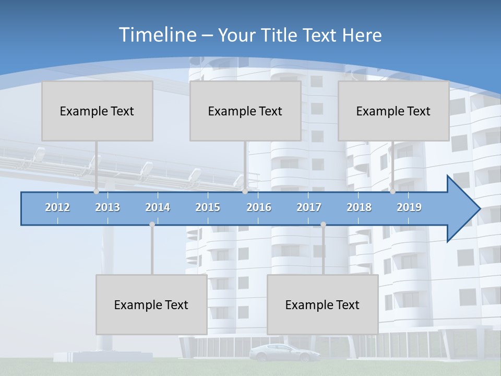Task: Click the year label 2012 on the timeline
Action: [x=57, y=207]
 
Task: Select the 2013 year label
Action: [x=108, y=207]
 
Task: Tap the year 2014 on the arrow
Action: [x=158, y=207]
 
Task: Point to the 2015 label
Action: [x=208, y=207]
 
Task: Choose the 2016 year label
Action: [x=259, y=207]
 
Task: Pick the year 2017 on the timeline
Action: [x=309, y=207]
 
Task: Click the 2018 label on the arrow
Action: [x=359, y=207]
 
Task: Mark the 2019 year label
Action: [x=409, y=207]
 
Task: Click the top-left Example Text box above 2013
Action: [x=97, y=111]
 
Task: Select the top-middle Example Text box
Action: [x=245, y=111]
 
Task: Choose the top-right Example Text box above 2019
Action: [x=393, y=111]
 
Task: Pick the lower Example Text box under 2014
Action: [x=151, y=304]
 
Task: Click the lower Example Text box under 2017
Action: [x=323, y=304]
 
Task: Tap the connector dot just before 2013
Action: [x=96, y=192]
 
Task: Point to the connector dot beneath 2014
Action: [x=152, y=224]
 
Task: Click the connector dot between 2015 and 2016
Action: [x=245, y=192]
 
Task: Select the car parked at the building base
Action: [x=277, y=353]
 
